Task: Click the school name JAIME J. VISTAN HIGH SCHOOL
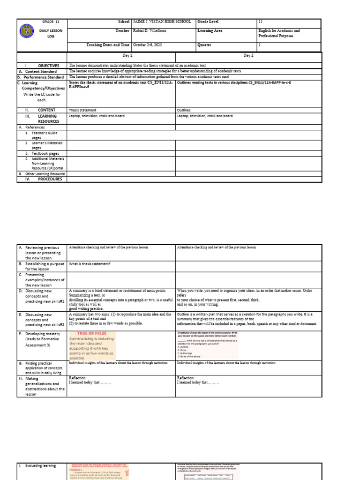pos(162,22)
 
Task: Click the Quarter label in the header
pos(205,45)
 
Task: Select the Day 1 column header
pos(121,55)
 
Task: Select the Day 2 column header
pos(248,55)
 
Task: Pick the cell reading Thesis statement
pos(82,110)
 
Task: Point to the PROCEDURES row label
pos(50,179)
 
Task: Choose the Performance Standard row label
pos(44,76)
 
